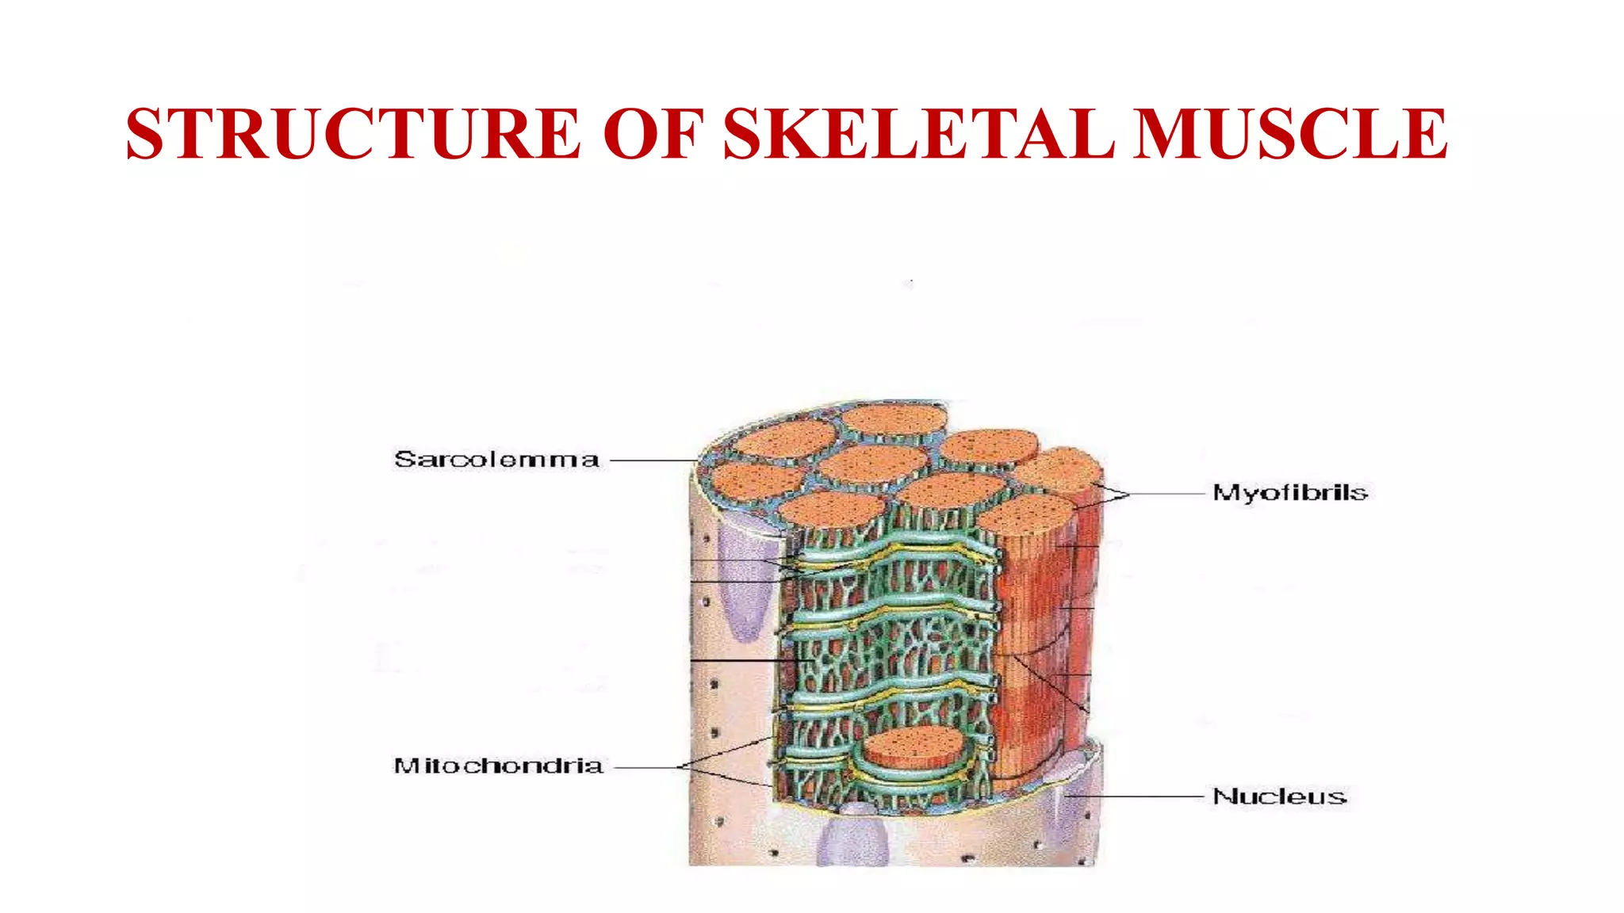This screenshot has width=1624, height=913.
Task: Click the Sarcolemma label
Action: (x=496, y=460)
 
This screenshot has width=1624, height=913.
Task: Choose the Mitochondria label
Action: (x=498, y=766)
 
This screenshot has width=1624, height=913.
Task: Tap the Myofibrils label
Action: (x=1290, y=493)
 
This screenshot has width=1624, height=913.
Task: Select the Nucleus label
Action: (x=1280, y=796)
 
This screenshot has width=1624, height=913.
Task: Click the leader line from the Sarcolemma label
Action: (x=652, y=460)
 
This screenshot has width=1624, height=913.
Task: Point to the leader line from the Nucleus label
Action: (x=1138, y=796)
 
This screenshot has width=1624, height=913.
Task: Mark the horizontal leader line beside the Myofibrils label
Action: (x=1166, y=494)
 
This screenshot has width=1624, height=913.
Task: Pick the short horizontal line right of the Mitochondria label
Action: (x=646, y=767)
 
